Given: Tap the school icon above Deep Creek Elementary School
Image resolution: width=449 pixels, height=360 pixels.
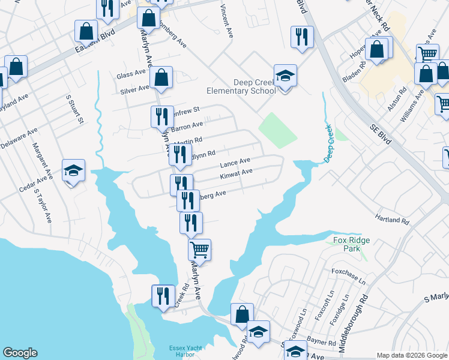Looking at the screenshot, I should (x=286, y=76).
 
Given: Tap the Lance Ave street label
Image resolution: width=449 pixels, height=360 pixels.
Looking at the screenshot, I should (x=235, y=163).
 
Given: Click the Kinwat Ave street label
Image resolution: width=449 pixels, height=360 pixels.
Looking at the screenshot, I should (x=236, y=174).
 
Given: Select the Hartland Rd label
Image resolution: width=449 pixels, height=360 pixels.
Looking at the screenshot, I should (x=392, y=220).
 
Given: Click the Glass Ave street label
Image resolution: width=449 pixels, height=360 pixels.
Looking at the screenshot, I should (x=131, y=74).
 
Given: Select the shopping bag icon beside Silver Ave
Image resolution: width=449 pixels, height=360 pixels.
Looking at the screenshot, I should (x=161, y=77).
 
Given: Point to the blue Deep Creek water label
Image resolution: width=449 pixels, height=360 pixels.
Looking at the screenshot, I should (x=328, y=148).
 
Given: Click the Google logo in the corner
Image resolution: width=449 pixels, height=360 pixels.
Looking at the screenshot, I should (x=20, y=353).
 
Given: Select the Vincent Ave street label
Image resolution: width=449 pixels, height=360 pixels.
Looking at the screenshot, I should (x=226, y=21).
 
